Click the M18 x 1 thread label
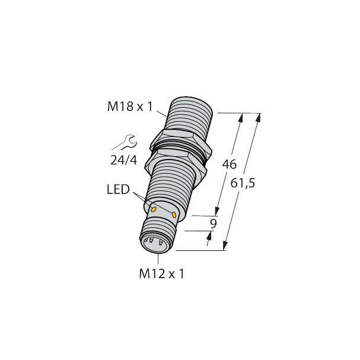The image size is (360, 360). point(129,107)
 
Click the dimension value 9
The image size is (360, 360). point(214,224)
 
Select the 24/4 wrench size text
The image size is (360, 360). point(125,159)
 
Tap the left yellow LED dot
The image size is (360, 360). point(154,209)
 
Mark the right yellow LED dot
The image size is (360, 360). point(174,214)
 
